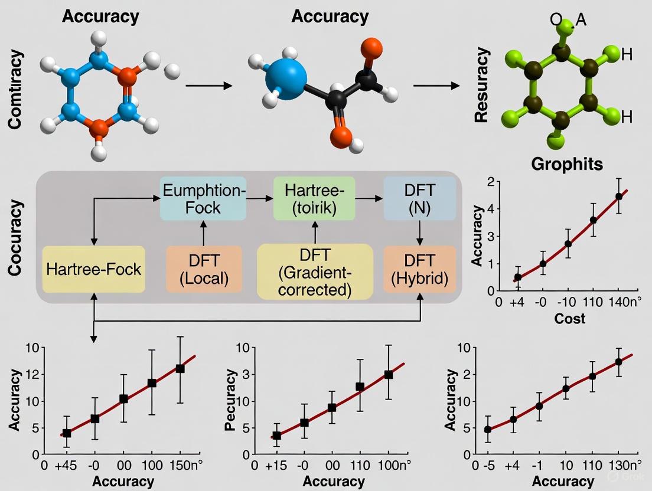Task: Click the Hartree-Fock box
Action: (93, 269)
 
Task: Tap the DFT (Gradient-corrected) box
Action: (315, 271)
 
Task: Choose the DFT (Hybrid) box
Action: (420, 269)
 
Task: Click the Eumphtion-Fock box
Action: (203, 198)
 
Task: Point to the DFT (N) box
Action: (419, 198)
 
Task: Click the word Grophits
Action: (568, 163)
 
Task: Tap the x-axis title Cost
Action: (569, 319)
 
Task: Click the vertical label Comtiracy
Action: (17, 90)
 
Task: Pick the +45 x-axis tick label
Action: (67, 465)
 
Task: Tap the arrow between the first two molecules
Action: (208, 86)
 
